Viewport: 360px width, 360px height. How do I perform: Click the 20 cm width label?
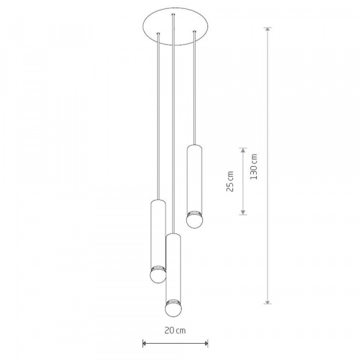[175, 331]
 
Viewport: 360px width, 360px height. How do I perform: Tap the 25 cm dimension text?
[230, 181]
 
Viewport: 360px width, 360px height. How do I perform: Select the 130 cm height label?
[254, 166]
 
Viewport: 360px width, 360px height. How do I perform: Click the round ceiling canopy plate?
[175, 26]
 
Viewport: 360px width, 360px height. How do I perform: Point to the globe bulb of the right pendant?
[194, 221]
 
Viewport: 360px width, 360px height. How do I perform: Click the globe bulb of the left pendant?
[158, 275]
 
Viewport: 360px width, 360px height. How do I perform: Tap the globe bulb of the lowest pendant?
[173, 308]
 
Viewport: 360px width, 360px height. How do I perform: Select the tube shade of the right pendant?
[194, 178]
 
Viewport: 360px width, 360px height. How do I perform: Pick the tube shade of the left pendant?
[158, 233]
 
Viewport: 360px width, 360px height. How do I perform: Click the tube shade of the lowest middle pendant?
[173, 266]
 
